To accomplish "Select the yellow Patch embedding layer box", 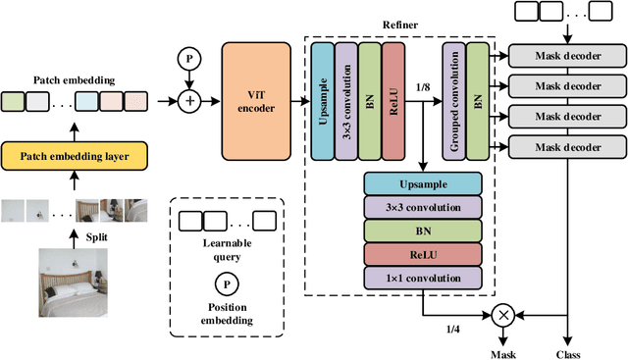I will [76, 154].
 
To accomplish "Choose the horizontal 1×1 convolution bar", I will [423, 278].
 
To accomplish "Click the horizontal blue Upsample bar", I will [423, 183].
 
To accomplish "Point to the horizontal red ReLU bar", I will [423, 254].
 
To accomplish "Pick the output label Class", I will [568, 352].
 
